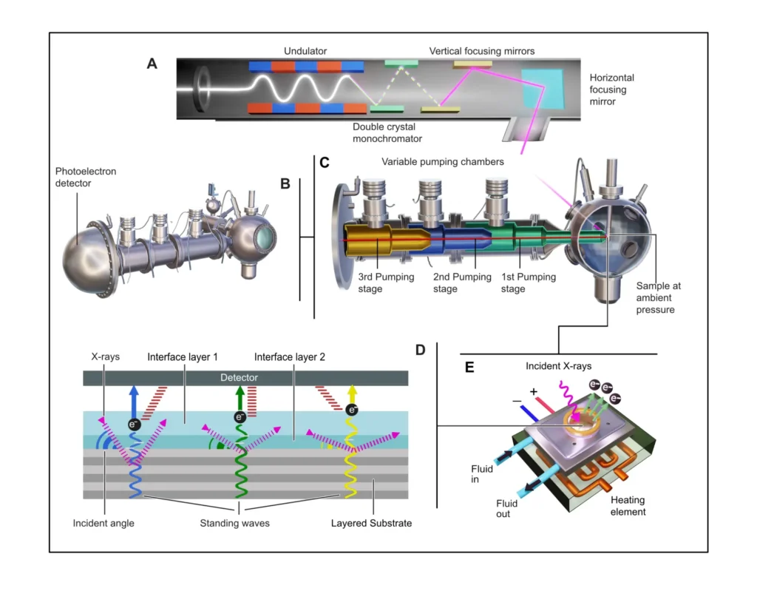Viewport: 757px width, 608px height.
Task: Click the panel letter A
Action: click(x=152, y=64)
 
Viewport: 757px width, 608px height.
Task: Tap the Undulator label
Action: click(x=306, y=51)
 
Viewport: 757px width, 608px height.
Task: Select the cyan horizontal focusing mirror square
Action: click(x=543, y=87)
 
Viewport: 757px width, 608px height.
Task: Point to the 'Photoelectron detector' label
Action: click(x=84, y=177)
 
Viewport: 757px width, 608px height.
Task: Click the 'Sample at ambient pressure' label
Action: click(x=655, y=297)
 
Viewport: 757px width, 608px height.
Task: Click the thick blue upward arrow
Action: click(x=136, y=400)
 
